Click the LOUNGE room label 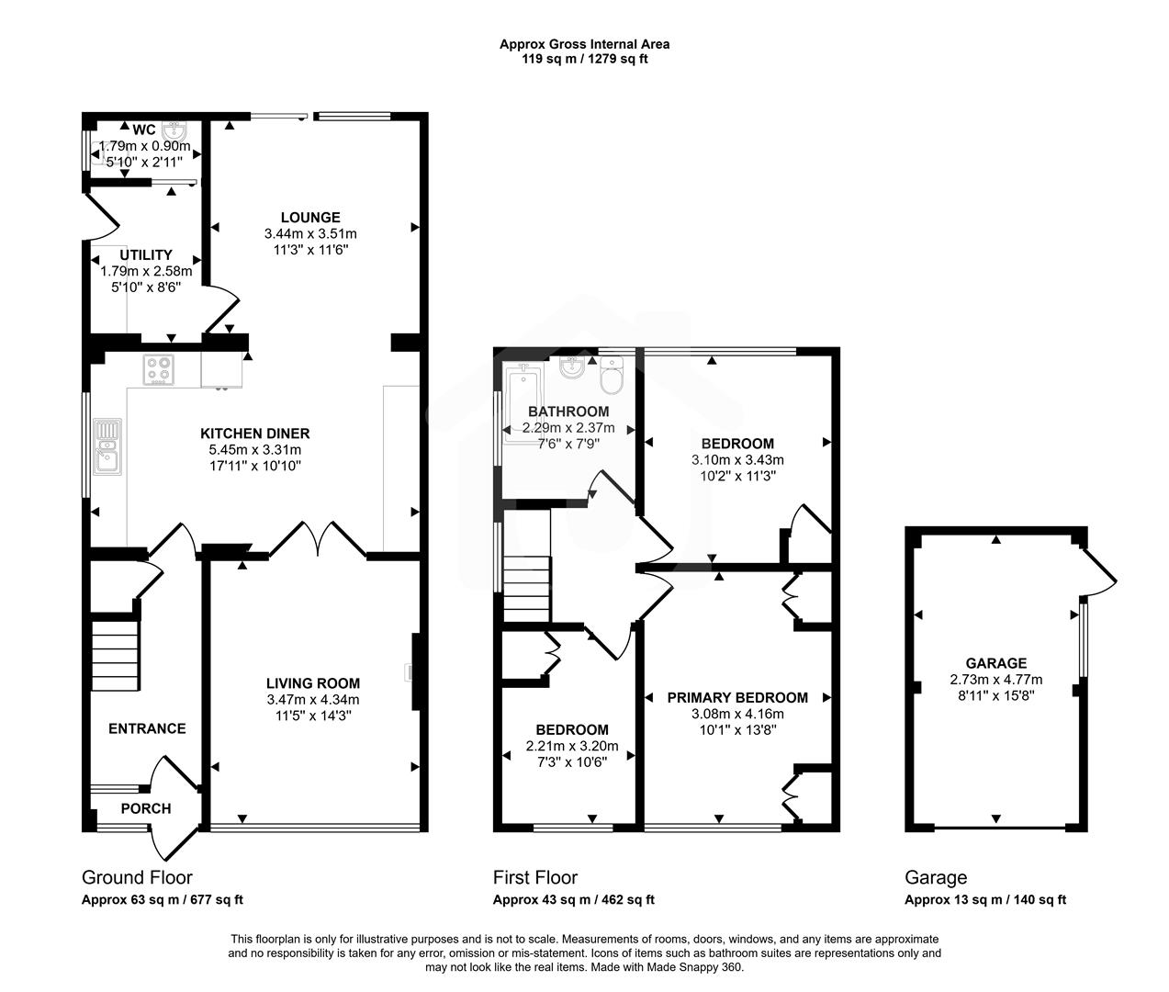point(310,218)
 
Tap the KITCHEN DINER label point(255,434)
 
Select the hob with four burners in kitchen point(159,370)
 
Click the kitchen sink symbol point(107,446)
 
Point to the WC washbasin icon point(177,130)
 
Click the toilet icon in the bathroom point(612,375)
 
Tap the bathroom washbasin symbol point(571,369)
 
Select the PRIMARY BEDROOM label point(737,698)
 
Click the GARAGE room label point(995,663)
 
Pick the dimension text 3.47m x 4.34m point(312,699)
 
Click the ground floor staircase point(115,654)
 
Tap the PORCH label point(146,808)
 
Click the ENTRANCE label point(147,728)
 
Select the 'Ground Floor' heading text point(137,877)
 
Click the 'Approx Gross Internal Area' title point(584,43)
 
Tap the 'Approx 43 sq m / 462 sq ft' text point(573,900)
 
